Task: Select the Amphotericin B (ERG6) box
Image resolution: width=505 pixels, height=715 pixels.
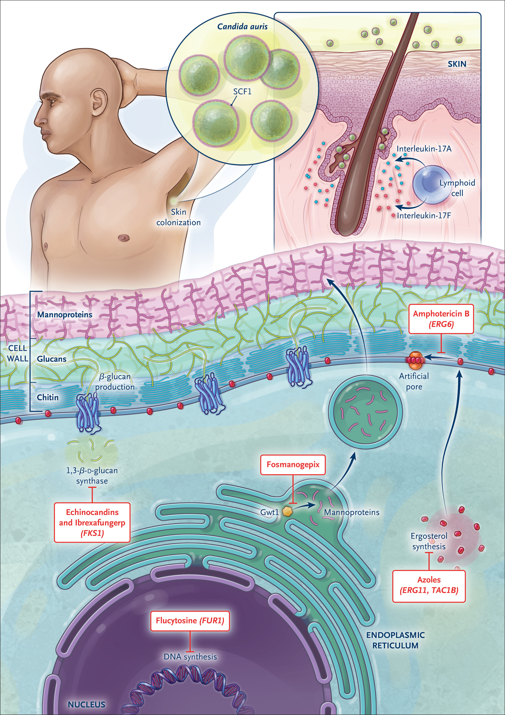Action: click(441, 319)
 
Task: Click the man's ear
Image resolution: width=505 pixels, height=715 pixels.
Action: click(98, 101)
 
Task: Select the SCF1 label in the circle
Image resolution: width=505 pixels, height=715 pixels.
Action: click(242, 92)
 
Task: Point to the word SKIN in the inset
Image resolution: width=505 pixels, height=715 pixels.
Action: click(457, 64)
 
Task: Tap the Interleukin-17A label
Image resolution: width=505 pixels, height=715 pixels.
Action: click(424, 149)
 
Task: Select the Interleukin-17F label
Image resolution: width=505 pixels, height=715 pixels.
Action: click(424, 215)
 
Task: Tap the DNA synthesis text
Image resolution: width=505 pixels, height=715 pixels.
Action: click(190, 657)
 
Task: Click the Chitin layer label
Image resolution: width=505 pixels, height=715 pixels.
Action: click(48, 397)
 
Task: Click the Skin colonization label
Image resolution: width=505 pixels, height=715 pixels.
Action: click(178, 217)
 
